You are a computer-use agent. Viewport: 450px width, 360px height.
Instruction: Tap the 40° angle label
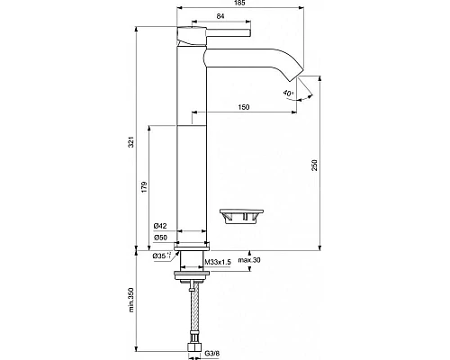(288, 93)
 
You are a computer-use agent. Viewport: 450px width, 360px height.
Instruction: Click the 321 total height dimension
(132, 141)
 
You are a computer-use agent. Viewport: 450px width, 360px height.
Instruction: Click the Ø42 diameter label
(160, 224)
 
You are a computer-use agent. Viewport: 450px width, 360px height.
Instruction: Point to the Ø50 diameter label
(160, 237)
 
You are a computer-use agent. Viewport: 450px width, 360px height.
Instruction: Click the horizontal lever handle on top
(225, 38)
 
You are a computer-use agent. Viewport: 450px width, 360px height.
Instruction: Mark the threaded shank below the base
(193, 264)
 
